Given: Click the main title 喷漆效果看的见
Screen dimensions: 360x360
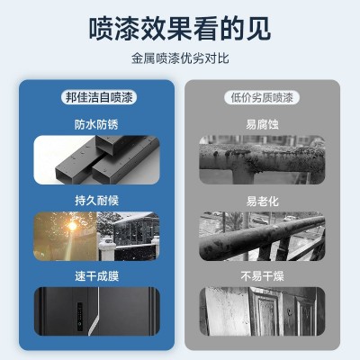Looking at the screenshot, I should (180, 29).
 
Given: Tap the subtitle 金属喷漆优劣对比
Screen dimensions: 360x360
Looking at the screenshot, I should (180, 60).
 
